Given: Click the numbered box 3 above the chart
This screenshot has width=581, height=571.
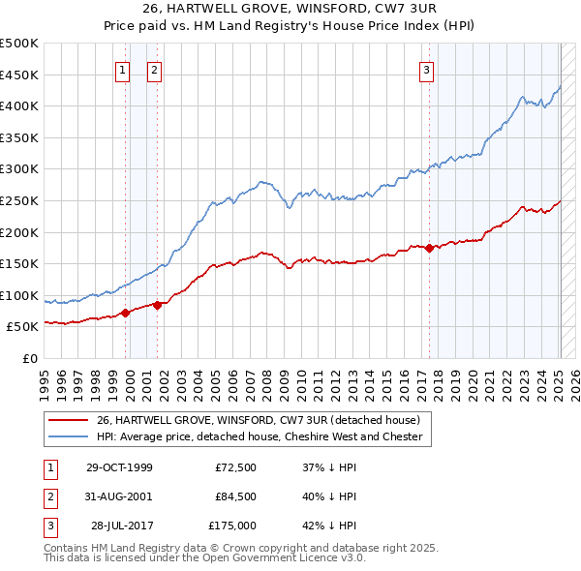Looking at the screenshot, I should click(427, 69).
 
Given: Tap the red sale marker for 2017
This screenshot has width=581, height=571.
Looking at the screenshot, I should click(430, 248).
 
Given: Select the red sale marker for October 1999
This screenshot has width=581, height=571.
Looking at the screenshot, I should click(126, 313).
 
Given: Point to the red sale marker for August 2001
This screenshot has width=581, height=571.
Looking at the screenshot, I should click(157, 305).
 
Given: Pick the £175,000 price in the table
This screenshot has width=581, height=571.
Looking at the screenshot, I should click(232, 526).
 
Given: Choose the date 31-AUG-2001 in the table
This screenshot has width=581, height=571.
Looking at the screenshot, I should click(119, 496).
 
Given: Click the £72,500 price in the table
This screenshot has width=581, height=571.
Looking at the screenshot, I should click(236, 467).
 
